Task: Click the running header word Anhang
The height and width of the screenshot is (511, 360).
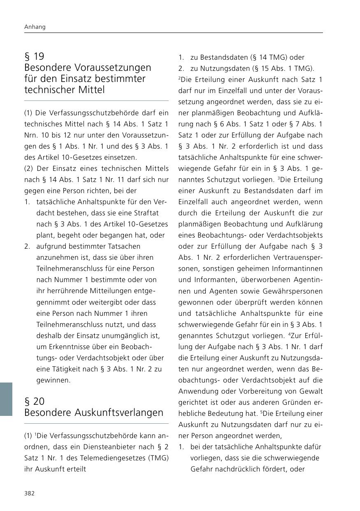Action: coord(35,27)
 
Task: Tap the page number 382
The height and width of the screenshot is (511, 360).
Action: coord(30,493)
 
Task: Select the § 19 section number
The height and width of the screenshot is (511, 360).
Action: coord(34,56)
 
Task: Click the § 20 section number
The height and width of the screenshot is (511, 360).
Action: coord(35,401)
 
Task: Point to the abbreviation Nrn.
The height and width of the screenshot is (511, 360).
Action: coord(31,135)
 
